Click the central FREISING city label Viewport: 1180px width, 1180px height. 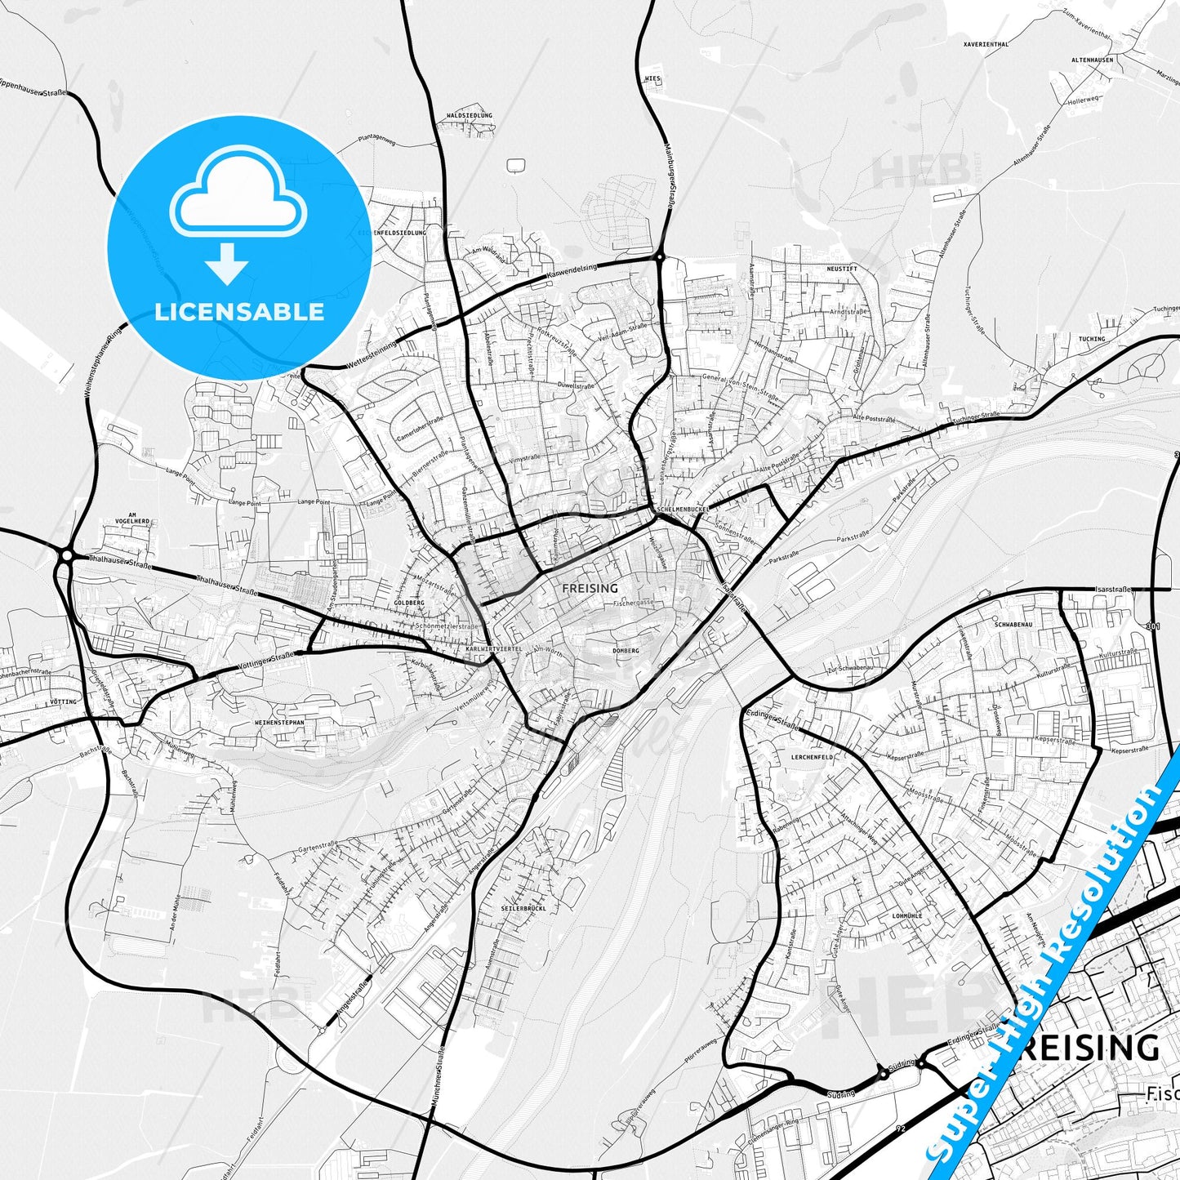point(590,588)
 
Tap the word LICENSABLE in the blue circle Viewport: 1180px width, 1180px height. point(239,311)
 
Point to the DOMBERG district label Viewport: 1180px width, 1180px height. point(626,651)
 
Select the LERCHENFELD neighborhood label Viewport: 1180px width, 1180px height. point(813,757)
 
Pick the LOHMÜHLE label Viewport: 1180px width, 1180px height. point(907,916)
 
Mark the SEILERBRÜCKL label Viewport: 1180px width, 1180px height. point(523,908)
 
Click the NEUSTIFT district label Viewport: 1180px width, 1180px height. point(842,269)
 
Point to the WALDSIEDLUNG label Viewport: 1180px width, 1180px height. point(470,116)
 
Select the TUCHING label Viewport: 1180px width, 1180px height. point(1092,339)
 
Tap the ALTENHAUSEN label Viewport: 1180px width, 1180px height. point(1093,60)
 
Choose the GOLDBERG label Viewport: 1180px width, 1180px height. point(408,603)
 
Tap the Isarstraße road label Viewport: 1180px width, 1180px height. point(1114,589)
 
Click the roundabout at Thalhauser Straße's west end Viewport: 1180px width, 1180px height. point(65,556)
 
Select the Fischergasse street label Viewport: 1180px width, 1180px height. point(633,603)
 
